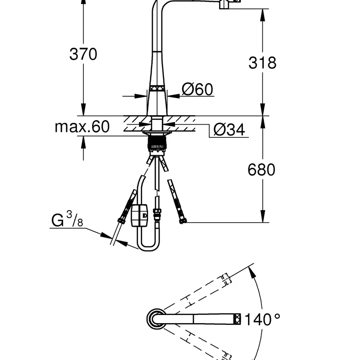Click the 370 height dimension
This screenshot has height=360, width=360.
click(x=83, y=54)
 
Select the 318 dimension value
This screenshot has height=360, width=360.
click(x=262, y=63)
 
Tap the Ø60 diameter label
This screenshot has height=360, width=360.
click(x=197, y=90)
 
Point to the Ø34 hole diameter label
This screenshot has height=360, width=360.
click(x=229, y=130)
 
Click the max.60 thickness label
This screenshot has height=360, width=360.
click(x=82, y=127)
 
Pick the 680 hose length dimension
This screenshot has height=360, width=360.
click(x=261, y=170)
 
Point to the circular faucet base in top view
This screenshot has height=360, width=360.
click(x=156, y=319)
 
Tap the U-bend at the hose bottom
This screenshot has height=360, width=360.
click(x=149, y=246)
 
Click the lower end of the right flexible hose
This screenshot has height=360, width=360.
click(x=182, y=220)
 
